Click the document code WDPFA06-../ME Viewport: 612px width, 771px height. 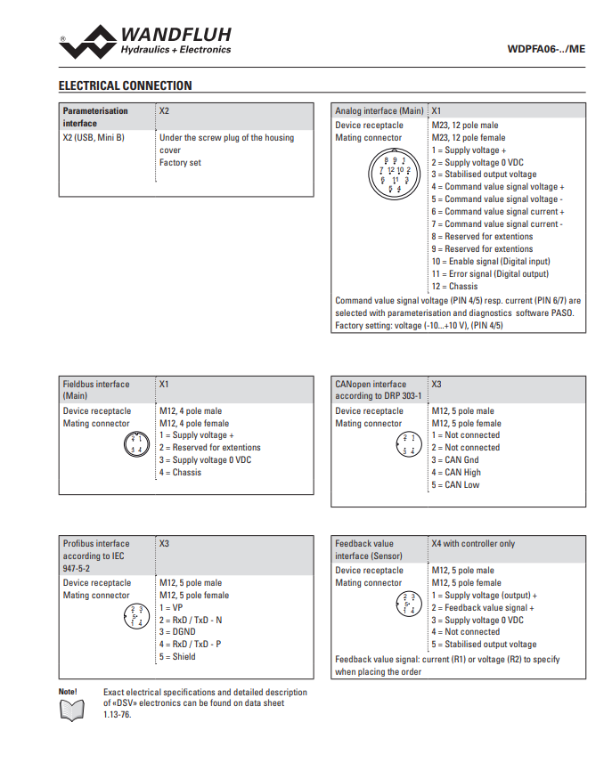point(545,49)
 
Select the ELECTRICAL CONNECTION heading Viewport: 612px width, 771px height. point(125,86)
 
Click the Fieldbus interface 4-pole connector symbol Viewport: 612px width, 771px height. point(136,445)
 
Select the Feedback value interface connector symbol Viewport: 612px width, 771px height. point(409,604)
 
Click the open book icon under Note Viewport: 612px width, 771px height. point(70,710)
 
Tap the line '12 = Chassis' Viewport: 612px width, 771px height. point(454,287)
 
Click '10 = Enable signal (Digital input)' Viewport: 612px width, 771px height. point(490,262)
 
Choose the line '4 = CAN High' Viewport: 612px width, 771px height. point(456,473)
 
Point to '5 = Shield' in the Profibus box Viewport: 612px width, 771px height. point(177,657)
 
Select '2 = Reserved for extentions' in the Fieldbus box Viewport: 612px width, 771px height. point(210,448)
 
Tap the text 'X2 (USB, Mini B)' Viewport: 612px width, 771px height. point(94,138)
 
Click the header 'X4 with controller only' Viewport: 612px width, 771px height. point(473,544)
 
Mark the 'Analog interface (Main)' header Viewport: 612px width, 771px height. point(379,111)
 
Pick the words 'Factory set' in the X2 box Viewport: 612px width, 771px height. point(180,163)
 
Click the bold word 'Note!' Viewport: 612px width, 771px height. point(68,692)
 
